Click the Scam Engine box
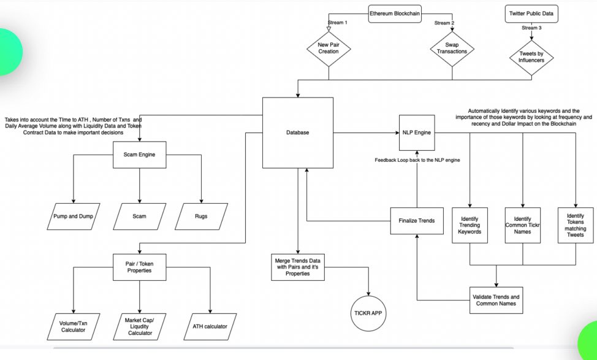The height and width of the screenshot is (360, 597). [140, 155]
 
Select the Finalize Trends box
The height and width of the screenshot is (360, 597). [417, 221]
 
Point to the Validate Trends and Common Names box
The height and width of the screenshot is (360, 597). [496, 300]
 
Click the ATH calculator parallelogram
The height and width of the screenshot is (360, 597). [210, 326]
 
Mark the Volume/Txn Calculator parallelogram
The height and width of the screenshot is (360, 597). [74, 326]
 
